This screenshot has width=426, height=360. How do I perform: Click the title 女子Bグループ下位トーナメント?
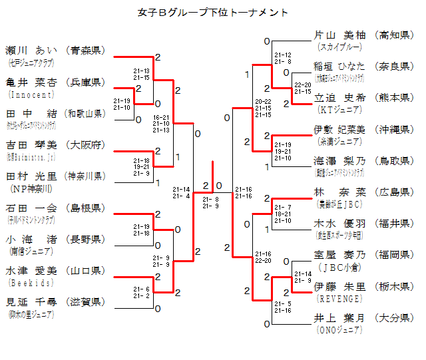tap(213, 13)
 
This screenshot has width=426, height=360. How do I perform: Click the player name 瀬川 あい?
tap(32, 50)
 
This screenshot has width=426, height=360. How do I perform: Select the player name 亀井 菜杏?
tap(32, 82)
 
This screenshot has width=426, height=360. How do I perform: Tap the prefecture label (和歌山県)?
tap(85, 114)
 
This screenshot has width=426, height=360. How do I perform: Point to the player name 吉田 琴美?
tap(32, 145)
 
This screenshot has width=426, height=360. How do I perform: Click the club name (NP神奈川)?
tap(27, 188)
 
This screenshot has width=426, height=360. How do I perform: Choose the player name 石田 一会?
tap(32, 208)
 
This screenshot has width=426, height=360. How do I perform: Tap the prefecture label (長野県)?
tap(85, 240)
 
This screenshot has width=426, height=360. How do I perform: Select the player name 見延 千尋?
tap(32, 302)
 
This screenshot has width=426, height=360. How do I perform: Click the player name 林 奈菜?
tap(339, 192)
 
